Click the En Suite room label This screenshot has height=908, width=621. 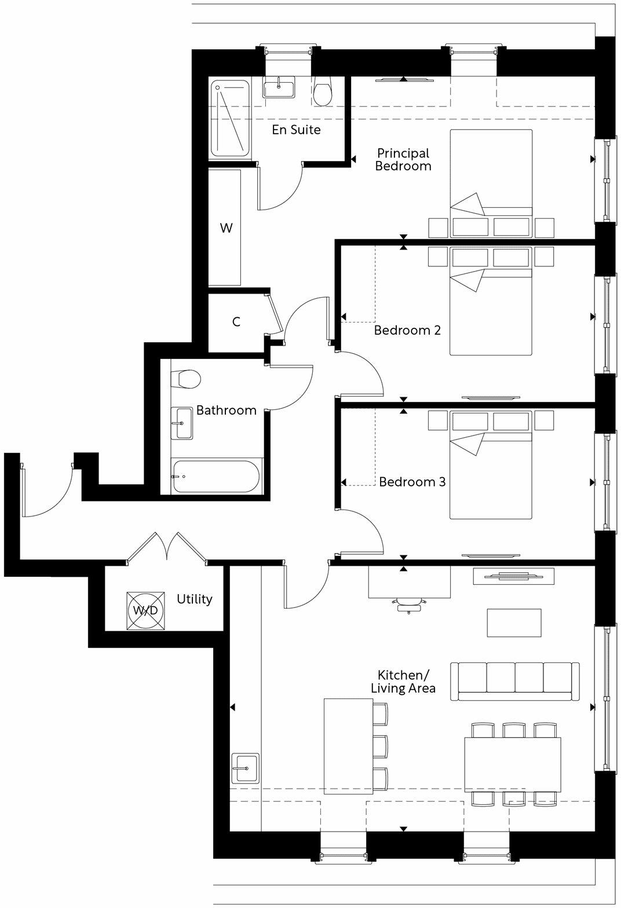296,130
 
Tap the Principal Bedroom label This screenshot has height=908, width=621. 403,160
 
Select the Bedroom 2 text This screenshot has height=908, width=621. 407,331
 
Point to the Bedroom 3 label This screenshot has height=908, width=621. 412,482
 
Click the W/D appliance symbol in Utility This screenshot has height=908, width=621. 145,611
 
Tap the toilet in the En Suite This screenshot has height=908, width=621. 323,92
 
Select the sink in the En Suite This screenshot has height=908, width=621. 280,88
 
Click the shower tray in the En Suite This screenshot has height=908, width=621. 230,119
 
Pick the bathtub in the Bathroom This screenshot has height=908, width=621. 217,477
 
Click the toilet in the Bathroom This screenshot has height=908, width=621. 188,380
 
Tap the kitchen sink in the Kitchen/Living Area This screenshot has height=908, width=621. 244,768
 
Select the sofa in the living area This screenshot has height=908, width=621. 515,682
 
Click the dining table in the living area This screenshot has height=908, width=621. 512,764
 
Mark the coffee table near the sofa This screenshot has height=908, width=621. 514,623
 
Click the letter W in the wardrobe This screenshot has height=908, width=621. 226,228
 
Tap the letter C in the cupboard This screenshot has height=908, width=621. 236,322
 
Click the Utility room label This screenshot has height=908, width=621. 195,599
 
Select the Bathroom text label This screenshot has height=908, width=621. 226,411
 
